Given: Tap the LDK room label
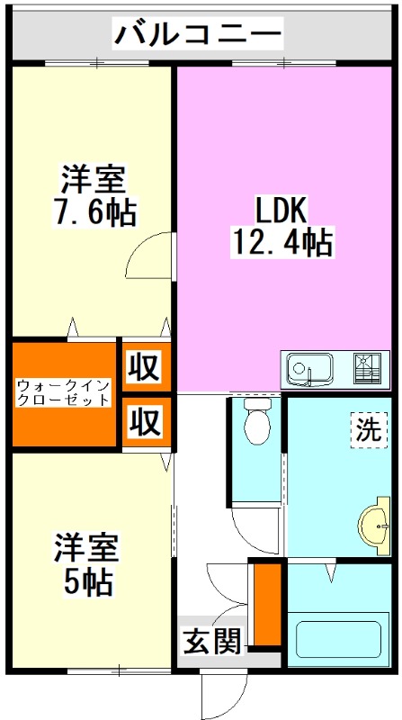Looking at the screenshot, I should point(281,211).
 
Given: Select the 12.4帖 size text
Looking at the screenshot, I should point(281,241).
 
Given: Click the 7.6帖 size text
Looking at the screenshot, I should point(94,211).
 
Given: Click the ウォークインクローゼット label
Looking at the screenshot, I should point(64,392).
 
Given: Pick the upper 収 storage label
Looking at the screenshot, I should point(143,367).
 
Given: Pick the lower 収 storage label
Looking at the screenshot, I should point(143,420).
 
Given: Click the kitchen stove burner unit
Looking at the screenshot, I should point(368,367).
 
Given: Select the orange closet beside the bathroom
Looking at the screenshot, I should point(266,603).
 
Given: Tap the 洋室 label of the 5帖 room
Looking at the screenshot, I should point(86,547).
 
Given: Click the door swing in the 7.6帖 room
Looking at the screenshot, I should point(149,256).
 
